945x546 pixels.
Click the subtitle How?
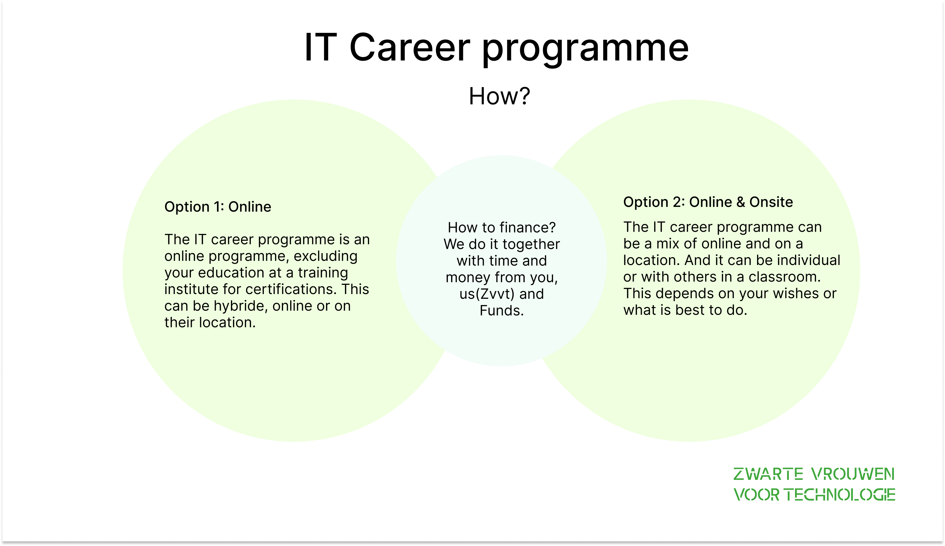[x=499, y=96]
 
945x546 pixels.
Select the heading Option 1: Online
[x=218, y=207]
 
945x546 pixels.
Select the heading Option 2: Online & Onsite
[x=708, y=202]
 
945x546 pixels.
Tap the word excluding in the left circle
[x=325, y=256]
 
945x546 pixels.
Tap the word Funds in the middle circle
[x=499, y=311]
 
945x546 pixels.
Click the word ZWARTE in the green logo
[x=768, y=474]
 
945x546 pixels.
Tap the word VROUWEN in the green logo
[x=853, y=474]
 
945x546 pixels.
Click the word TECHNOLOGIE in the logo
[x=840, y=495]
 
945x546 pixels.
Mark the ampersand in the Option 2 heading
[x=741, y=202]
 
